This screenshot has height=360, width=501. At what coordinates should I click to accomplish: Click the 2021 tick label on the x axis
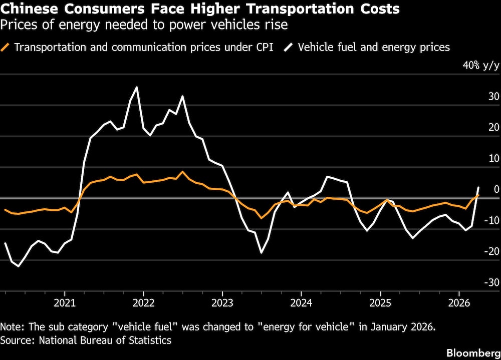tap(65, 304)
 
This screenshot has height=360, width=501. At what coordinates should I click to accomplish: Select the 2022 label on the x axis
tap(143, 304)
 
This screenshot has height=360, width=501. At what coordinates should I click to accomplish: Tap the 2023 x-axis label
tap(222, 304)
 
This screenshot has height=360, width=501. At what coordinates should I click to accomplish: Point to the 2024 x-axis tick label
tap(301, 304)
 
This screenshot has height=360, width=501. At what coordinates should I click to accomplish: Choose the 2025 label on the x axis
tap(380, 304)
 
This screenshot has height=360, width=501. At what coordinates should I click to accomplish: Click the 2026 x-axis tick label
tap(458, 304)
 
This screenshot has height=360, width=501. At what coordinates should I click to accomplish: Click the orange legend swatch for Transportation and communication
tap(6, 48)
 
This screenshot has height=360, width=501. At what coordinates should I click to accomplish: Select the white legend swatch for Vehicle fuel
tap(290, 48)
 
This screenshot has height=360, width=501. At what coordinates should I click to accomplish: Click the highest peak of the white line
tap(137, 87)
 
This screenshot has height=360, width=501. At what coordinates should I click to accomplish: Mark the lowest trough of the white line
tap(19, 266)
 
